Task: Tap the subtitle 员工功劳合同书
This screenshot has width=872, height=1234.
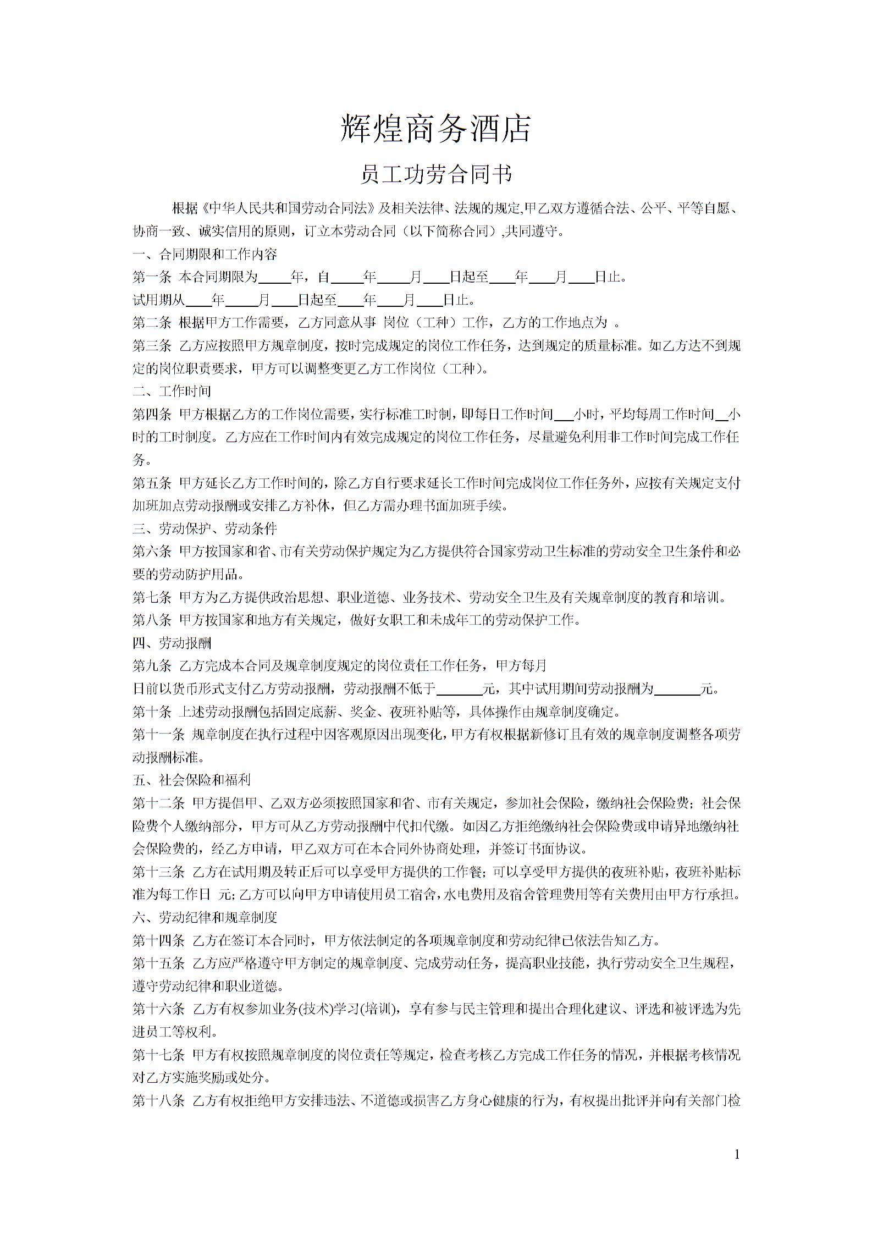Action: [435, 174]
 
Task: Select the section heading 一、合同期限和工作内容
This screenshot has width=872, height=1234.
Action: [205, 254]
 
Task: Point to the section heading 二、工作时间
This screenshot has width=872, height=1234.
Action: [172, 391]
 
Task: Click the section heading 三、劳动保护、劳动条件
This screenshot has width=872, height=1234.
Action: [205, 528]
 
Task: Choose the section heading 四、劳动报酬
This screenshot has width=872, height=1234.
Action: [172, 643]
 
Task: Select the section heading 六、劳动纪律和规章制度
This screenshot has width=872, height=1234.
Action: [205, 917]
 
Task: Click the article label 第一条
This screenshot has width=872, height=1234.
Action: [152, 277]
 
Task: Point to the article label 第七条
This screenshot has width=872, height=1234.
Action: [152, 597]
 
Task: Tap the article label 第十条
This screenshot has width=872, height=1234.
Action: [152, 712]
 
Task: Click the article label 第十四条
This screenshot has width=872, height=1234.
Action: [158, 940]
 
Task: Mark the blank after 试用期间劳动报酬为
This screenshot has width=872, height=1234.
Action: [677, 690]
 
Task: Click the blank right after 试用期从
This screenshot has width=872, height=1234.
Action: [198, 301]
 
